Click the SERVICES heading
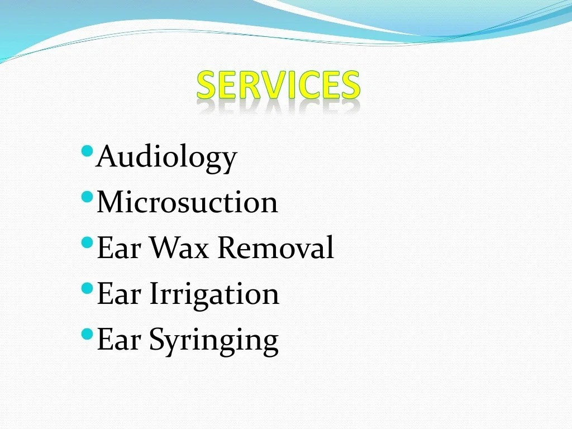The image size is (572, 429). (x=278, y=85)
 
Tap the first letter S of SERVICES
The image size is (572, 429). (x=207, y=85)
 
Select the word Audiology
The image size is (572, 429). (x=166, y=158)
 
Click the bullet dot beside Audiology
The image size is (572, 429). (x=87, y=151)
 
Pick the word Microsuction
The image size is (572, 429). (x=187, y=202)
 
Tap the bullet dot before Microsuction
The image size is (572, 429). (x=87, y=197)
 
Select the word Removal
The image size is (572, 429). (x=275, y=247)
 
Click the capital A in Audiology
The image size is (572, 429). (x=106, y=156)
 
